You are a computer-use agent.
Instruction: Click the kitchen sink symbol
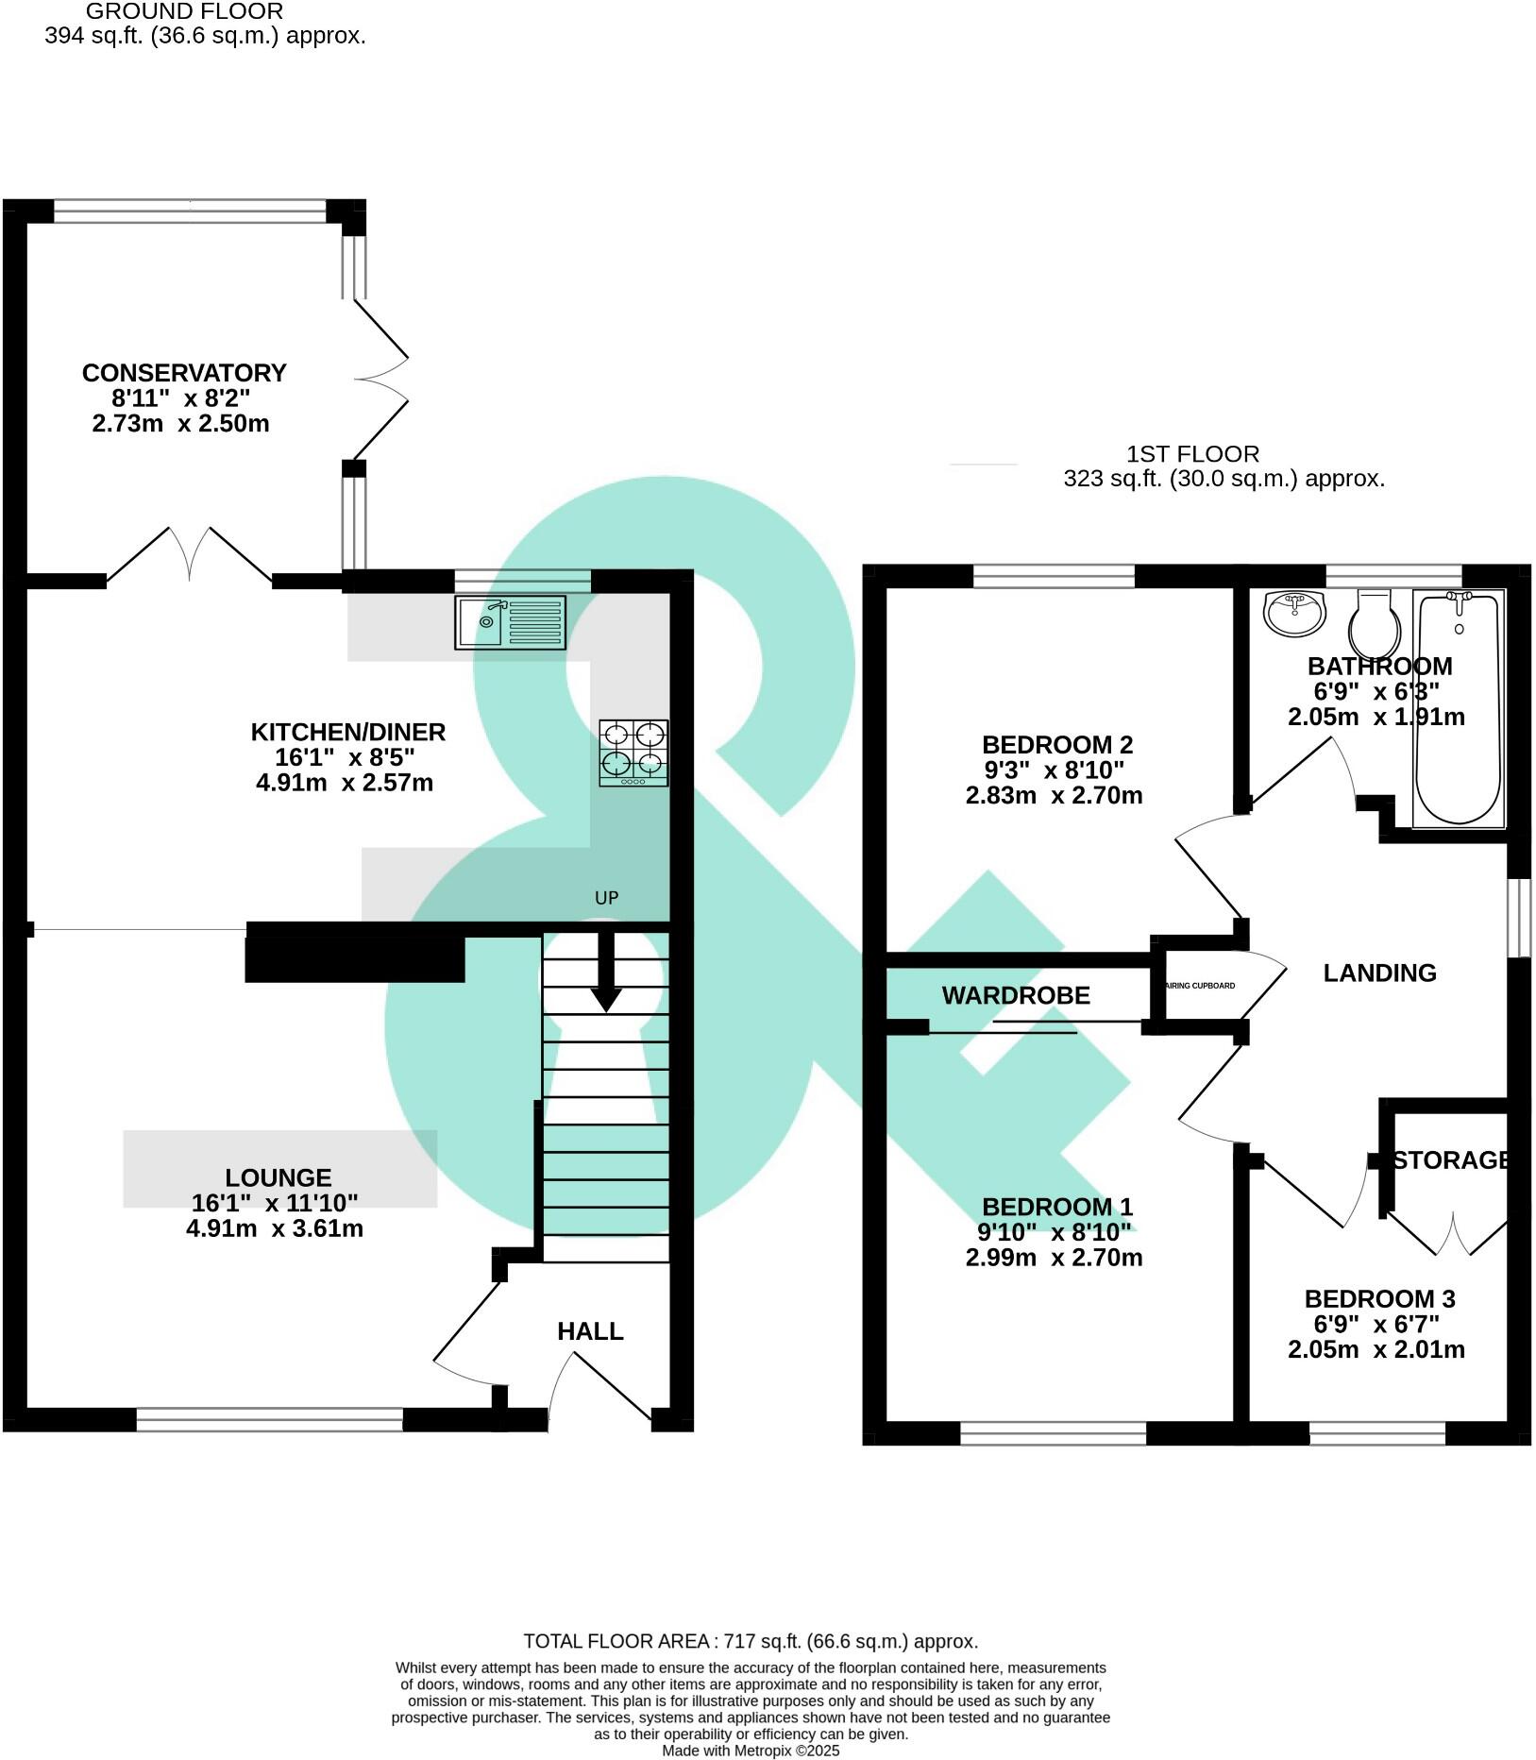point(510,622)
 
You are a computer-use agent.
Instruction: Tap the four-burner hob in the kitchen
point(633,753)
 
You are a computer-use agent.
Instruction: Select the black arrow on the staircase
point(605,973)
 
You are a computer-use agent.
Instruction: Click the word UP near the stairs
point(606,898)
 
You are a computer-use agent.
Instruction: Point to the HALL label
point(590,1331)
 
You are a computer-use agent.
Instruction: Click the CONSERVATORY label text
point(184,373)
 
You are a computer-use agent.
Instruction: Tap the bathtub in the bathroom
point(1458,708)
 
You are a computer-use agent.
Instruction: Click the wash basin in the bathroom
point(1294,614)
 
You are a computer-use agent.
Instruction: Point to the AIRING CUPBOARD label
point(1201,986)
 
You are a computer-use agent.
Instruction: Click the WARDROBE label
point(1016,995)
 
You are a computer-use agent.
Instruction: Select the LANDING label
point(1379,973)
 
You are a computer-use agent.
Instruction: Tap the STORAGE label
point(1451,1160)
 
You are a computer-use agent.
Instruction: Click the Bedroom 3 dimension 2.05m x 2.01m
point(1376,1349)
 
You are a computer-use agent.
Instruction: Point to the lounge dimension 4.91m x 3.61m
point(275,1228)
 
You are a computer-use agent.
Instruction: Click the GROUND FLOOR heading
point(184,12)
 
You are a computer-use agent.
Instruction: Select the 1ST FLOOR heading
point(1192,454)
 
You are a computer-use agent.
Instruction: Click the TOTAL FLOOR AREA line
point(751,1641)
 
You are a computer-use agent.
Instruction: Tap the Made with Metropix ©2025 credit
point(751,1750)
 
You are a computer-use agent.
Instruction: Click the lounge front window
point(270,1419)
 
